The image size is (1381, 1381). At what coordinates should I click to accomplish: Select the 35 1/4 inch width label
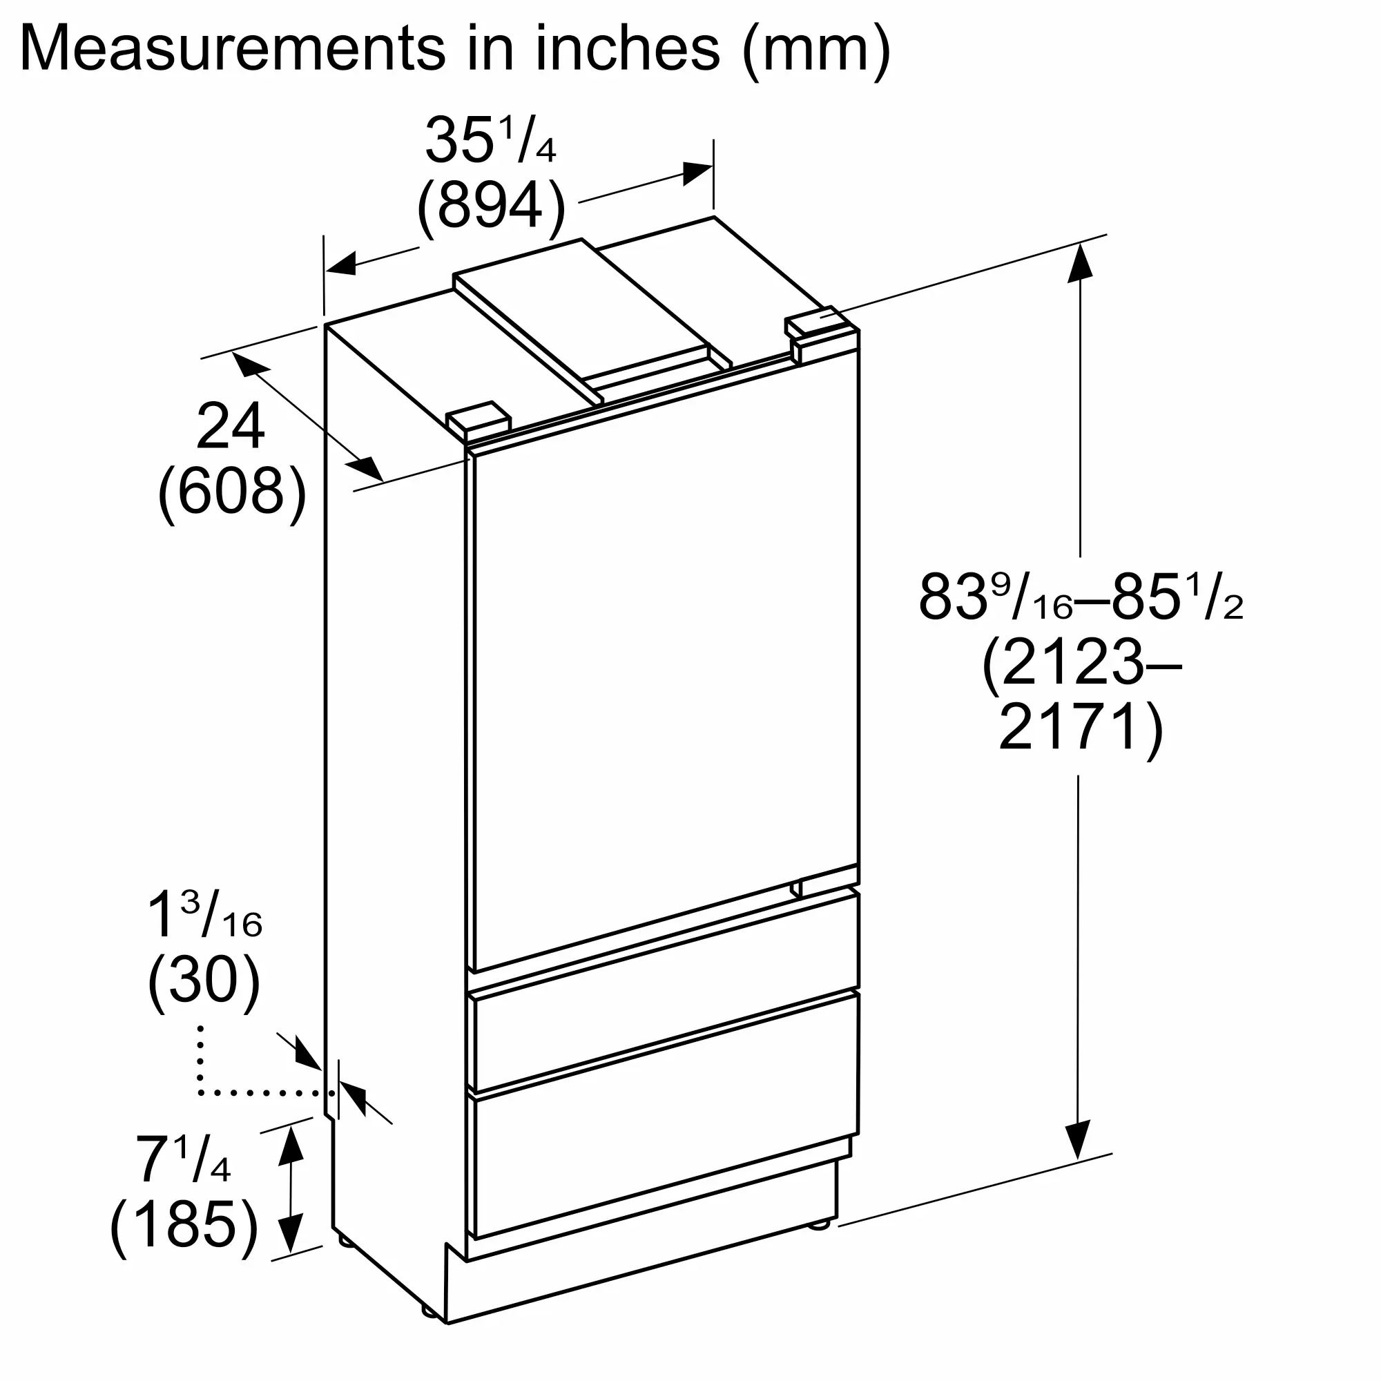(490, 140)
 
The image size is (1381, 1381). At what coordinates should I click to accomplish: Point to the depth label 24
(231, 427)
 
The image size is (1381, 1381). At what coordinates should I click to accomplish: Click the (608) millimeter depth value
(232, 492)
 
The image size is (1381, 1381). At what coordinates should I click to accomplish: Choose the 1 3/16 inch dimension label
(204, 916)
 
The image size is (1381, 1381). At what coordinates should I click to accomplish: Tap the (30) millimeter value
(204, 981)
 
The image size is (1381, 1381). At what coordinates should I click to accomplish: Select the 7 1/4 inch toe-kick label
(183, 1159)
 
